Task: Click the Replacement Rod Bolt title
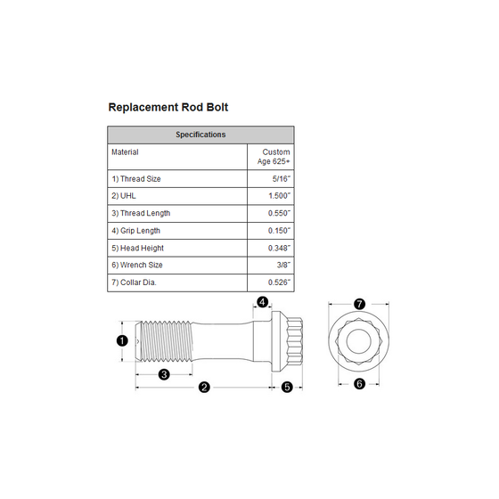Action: (x=168, y=107)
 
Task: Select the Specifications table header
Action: (x=200, y=135)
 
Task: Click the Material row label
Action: (x=125, y=152)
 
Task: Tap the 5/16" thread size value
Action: (x=282, y=179)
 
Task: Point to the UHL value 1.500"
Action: (x=280, y=196)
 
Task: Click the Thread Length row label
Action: (x=141, y=213)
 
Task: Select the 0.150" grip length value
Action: (x=279, y=231)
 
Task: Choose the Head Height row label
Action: (x=137, y=248)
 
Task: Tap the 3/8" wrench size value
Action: (x=283, y=265)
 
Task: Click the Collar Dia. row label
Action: (x=134, y=282)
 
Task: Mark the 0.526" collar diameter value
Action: (x=279, y=282)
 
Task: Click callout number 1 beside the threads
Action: (x=122, y=340)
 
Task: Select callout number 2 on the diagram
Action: (x=204, y=388)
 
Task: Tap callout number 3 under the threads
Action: (x=164, y=374)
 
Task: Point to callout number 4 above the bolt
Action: (x=262, y=302)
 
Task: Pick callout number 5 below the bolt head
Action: (x=287, y=388)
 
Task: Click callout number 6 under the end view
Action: (x=359, y=384)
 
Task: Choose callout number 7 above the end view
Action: (x=359, y=304)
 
